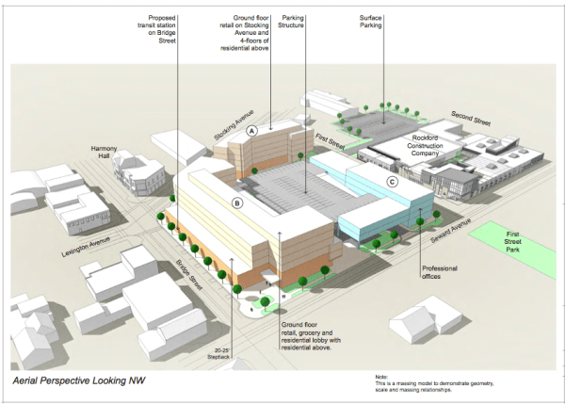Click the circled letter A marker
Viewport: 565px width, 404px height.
tap(251, 134)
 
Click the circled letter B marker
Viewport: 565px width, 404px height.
tap(237, 202)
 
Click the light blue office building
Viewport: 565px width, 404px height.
tap(377, 202)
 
